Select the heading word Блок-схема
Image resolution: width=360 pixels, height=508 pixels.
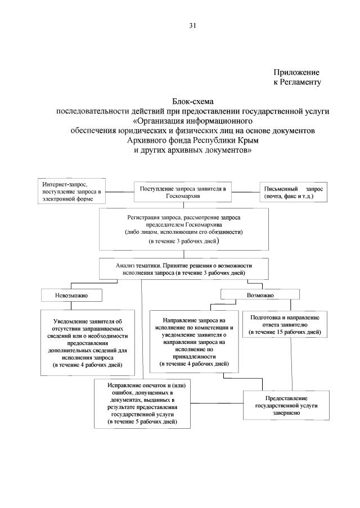pos(192,101)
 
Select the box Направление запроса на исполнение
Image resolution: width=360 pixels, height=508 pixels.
pos(194,341)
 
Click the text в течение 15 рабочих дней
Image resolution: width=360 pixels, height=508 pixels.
pos(285,333)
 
